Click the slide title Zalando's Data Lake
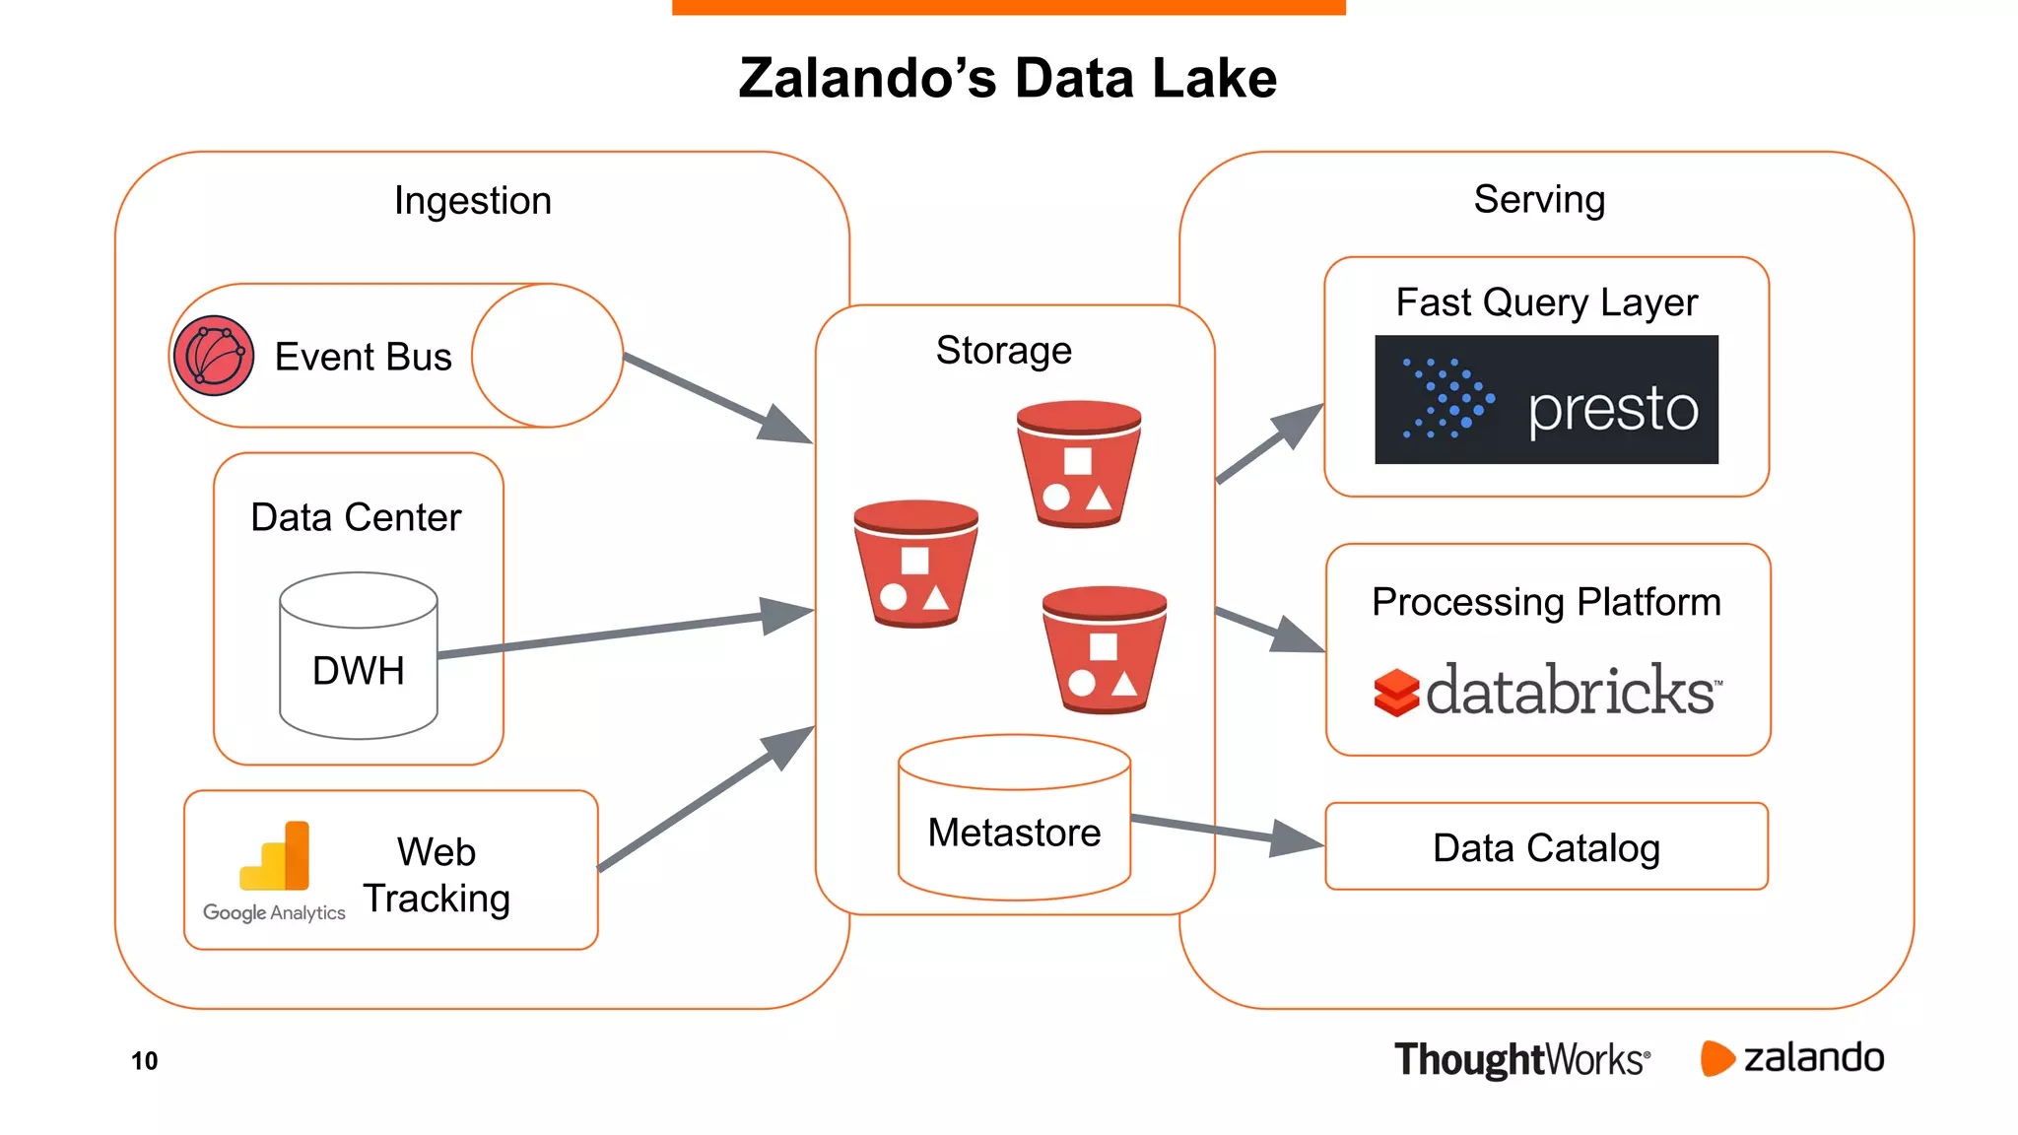(x=1007, y=79)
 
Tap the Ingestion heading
(x=473, y=201)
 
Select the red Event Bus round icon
(x=214, y=356)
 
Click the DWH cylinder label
(x=358, y=671)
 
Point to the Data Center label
(x=356, y=517)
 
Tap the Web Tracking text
(x=437, y=875)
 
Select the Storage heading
(x=1003, y=351)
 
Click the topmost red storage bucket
(x=1079, y=463)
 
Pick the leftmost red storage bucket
(x=915, y=563)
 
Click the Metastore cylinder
(x=1014, y=818)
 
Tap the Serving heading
(x=1539, y=200)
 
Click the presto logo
(x=1546, y=400)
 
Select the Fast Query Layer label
(x=1546, y=302)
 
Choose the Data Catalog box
(x=1546, y=847)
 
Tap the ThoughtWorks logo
(x=1521, y=1060)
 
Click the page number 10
(x=145, y=1061)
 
